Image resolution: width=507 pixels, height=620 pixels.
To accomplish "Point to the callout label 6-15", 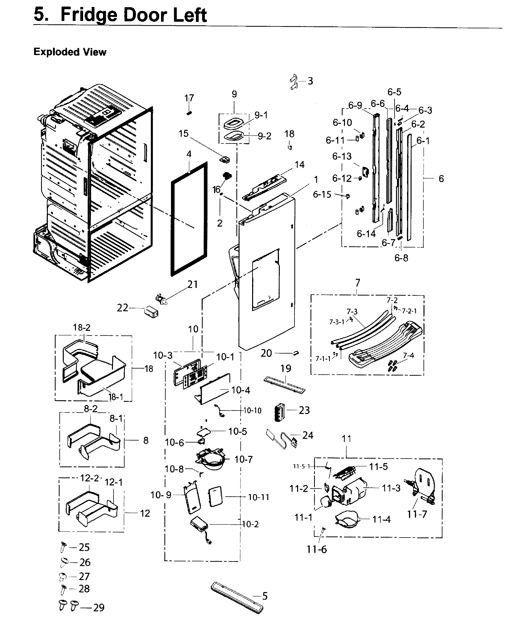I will [x=322, y=194].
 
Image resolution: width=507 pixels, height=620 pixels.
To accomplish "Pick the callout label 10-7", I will [x=243, y=459].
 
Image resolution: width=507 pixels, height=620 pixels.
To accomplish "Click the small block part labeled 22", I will [x=151, y=311].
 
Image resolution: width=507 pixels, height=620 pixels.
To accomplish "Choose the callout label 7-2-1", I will [x=409, y=311].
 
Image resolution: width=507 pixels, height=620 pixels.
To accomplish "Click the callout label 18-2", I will [x=82, y=327].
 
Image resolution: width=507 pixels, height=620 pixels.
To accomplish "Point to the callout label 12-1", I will [x=113, y=482].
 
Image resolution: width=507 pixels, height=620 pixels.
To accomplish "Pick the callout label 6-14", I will [x=366, y=234].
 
